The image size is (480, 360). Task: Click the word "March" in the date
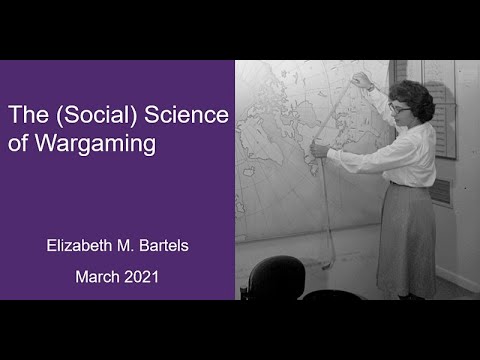pyautogui.click(x=97, y=276)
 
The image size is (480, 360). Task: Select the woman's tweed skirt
pyautogui.click(x=405, y=240)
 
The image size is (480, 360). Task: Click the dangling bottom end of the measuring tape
pyautogui.click(x=328, y=262)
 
